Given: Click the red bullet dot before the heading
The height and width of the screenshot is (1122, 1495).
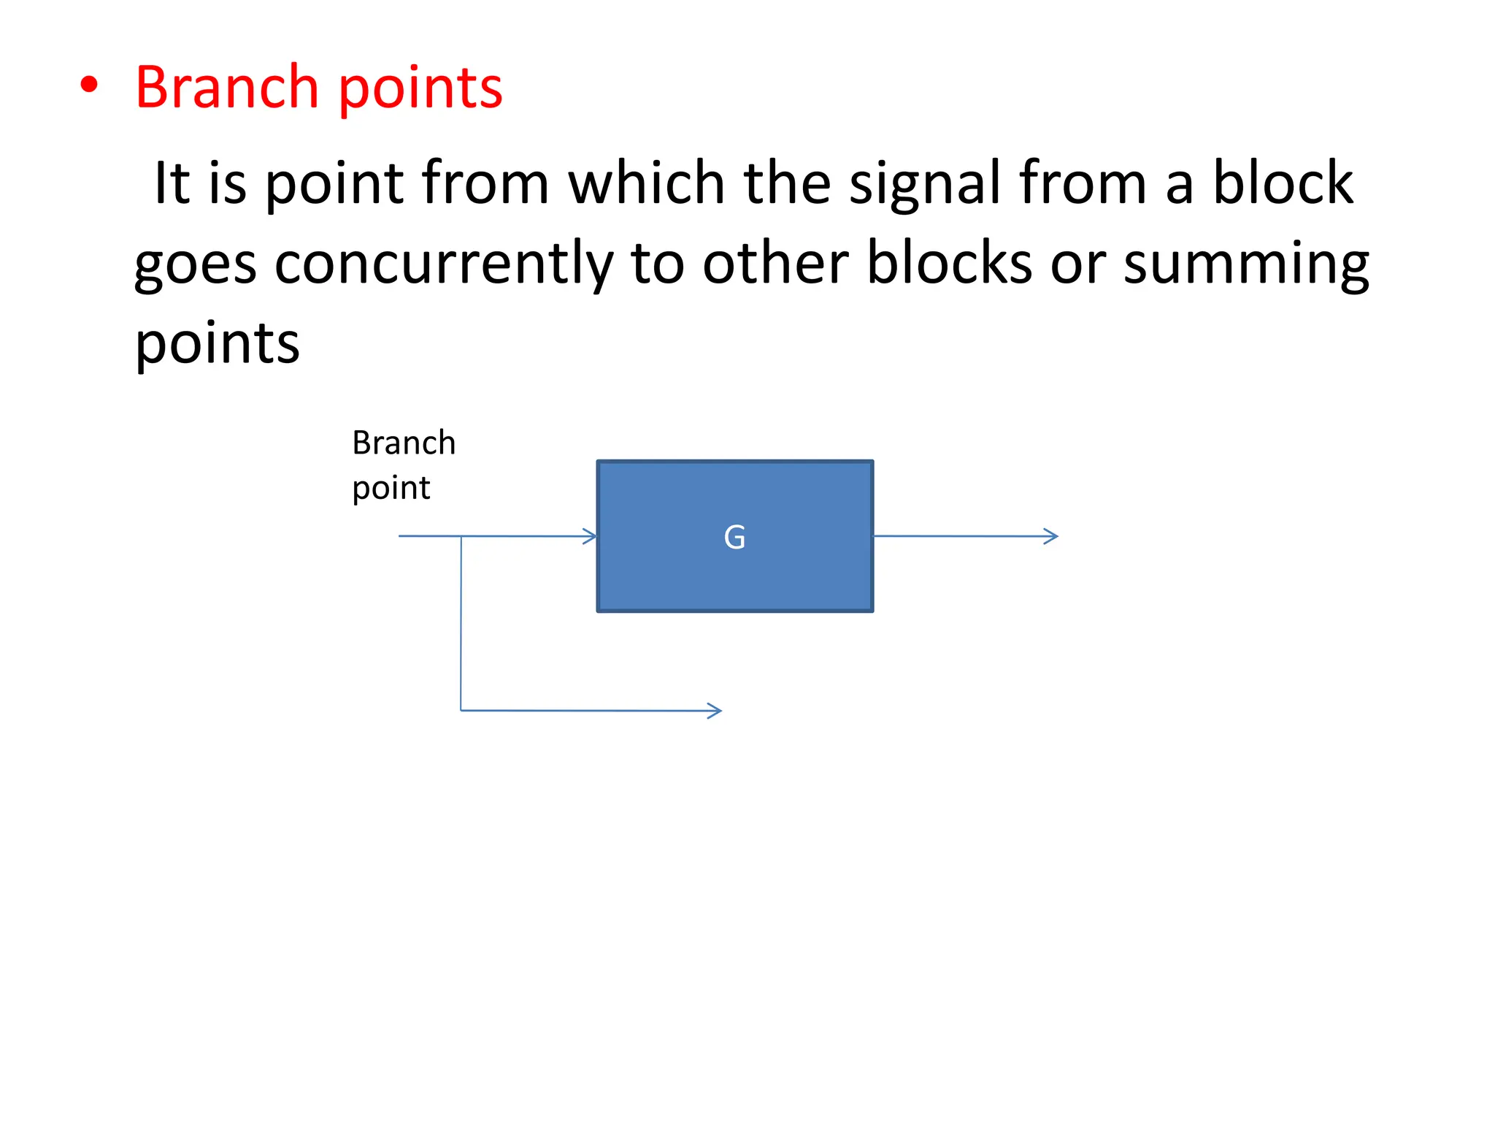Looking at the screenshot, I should (x=89, y=85).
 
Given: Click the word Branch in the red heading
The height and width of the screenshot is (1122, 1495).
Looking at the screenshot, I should (x=227, y=88).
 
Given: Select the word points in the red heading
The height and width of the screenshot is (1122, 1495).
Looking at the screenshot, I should (x=420, y=89).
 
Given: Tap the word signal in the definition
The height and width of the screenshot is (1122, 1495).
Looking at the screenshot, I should (x=924, y=184).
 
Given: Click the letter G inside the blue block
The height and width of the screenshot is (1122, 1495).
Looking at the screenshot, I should (x=734, y=538).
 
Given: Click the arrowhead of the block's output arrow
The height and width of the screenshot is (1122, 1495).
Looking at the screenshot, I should (x=1052, y=537).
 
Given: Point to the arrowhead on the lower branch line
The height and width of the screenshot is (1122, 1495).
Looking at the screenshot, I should (x=715, y=711).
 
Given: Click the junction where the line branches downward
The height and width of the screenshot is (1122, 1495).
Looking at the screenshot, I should (x=461, y=537).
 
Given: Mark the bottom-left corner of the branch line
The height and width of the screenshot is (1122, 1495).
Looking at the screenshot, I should (x=461, y=710).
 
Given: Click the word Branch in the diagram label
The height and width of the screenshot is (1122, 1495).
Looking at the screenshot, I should (x=404, y=443).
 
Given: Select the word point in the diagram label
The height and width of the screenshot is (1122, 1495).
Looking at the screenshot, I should (x=391, y=488).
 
